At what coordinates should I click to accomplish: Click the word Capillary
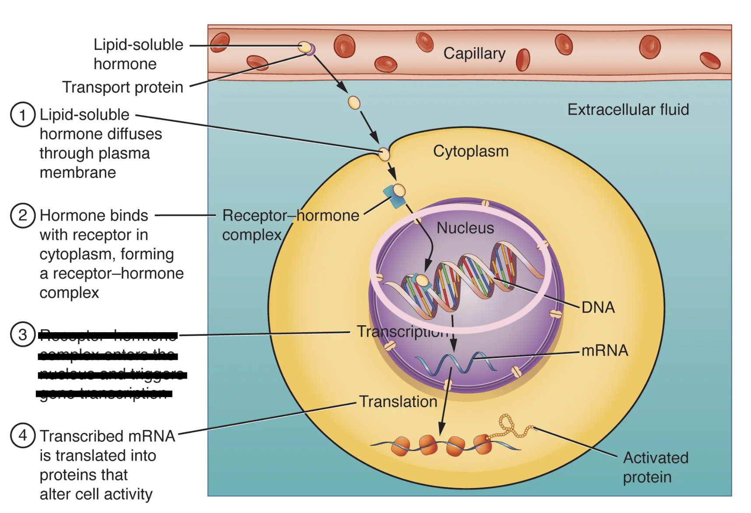[x=474, y=53]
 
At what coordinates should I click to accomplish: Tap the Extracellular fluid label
[x=628, y=109]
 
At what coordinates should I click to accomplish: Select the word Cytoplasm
[x=470, y=151]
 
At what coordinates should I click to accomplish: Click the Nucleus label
[x=465, y=228]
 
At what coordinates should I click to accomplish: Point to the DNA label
[x=598, y=307]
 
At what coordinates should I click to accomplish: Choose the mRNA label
[x=604, y=351]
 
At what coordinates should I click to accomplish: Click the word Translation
[x=398, y=402]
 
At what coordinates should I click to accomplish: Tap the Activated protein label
[x=655, y=467]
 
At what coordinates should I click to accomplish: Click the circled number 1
[x=22, y=115]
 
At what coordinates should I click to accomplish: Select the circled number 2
[x=22, y=215]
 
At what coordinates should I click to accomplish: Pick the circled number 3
[x=22, y=334]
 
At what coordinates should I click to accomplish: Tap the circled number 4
[x=22, y=435]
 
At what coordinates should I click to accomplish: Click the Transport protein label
[x=123, y=87]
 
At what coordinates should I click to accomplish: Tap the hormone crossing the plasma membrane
[x=384, y=154]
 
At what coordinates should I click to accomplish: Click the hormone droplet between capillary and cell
[x=354, y=103]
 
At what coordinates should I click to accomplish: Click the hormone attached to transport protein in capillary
[x=305, y=47]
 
